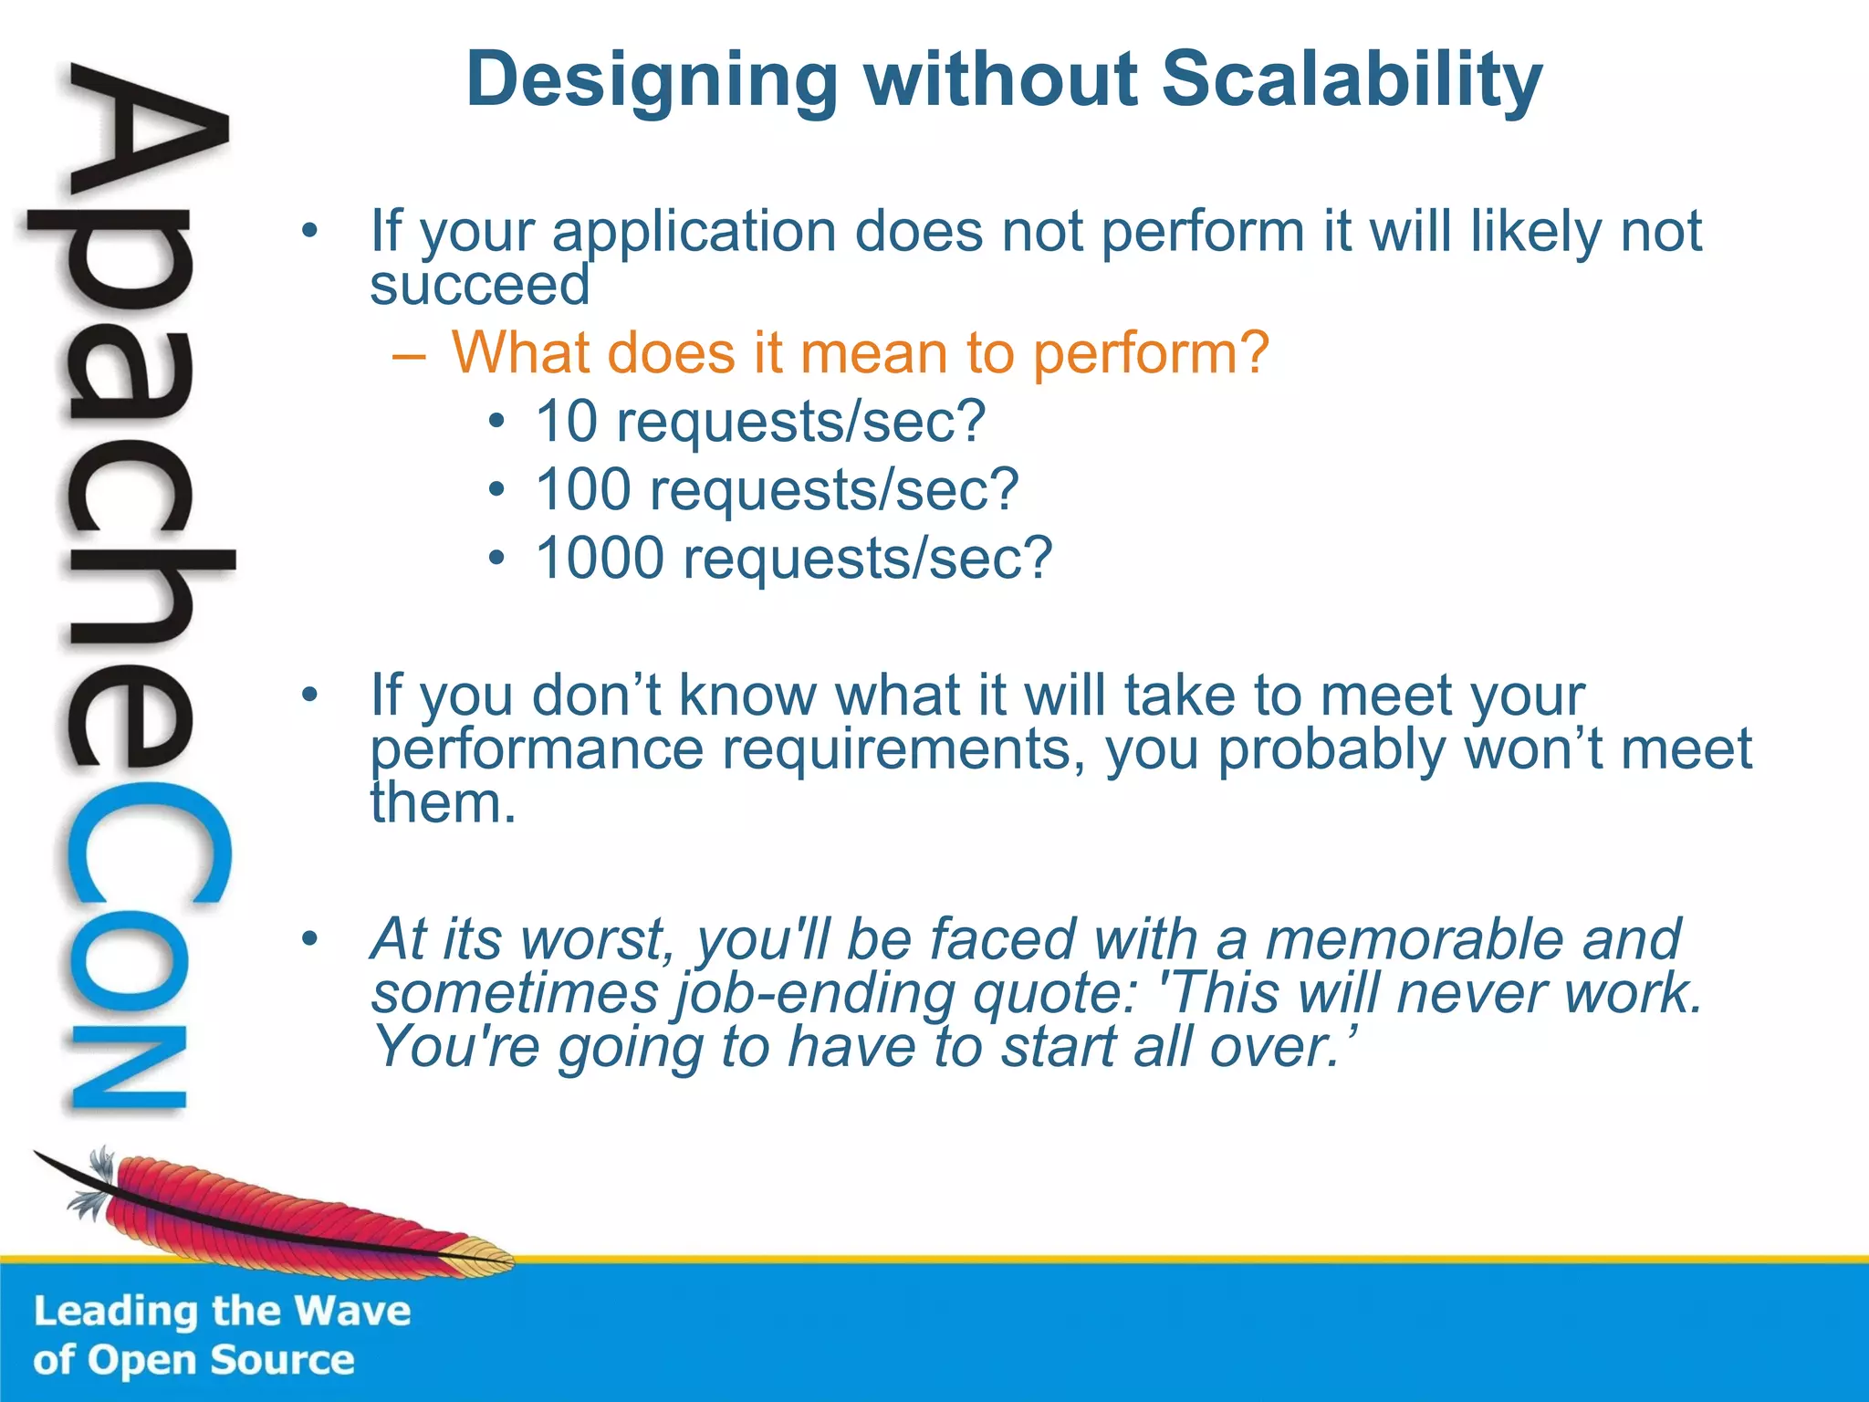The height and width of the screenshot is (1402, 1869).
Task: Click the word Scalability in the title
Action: pos(1352,80)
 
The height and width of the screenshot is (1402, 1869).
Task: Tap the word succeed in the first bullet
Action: pos(480,286)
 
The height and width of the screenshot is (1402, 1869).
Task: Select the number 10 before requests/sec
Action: pos(566,422)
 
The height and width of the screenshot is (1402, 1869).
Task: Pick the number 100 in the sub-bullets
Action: pos(582,490)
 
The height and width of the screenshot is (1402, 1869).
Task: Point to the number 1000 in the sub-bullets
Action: pos(600,559)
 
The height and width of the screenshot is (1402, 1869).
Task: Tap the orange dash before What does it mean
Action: pos(408,355)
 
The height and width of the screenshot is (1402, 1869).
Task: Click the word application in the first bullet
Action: pos(694,233)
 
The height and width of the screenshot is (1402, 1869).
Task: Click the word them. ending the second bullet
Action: pos(444,803)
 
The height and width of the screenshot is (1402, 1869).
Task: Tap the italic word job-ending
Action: pos(814,994)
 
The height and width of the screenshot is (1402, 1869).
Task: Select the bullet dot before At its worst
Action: pos(310,937)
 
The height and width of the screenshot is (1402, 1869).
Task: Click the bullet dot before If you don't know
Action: pos(310,695)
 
